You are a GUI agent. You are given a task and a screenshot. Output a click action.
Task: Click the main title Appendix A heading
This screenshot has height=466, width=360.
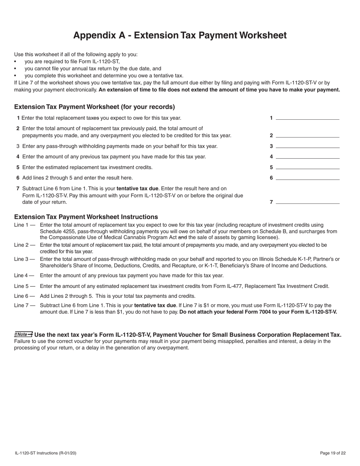tap(180, 35)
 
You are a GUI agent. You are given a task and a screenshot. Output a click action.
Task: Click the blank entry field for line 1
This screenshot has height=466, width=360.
tap(307, 117)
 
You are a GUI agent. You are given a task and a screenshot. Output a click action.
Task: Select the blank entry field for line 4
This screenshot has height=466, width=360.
tap(307, 156)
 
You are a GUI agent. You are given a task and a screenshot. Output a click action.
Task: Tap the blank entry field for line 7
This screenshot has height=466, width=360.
tap(307, 202)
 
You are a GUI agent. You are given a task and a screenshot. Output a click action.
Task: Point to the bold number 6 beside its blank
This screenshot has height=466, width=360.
tap(271, 178)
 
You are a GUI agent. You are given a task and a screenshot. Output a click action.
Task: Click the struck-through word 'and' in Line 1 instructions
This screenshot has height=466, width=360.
tap(182, 238)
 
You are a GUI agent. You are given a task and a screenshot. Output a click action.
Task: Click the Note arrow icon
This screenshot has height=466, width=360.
tap(23, 334)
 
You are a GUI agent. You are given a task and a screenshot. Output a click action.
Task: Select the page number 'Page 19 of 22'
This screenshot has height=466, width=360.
tap(332, 453)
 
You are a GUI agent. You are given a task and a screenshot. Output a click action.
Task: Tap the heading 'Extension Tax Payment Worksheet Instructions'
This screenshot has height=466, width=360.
tap(86, 217)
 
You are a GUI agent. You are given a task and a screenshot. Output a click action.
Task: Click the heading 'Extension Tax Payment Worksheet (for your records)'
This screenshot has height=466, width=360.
tap(94, 107)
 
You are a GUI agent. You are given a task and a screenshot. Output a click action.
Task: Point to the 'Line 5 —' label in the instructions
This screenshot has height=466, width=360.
tap(25, 286)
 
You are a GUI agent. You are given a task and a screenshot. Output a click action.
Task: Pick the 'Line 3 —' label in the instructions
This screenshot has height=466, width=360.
tap(25, 259)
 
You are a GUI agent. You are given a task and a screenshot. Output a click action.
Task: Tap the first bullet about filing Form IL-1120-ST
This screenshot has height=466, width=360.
tap(72, 61)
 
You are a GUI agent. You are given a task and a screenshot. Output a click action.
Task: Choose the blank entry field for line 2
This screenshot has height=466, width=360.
tap(307, 135)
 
